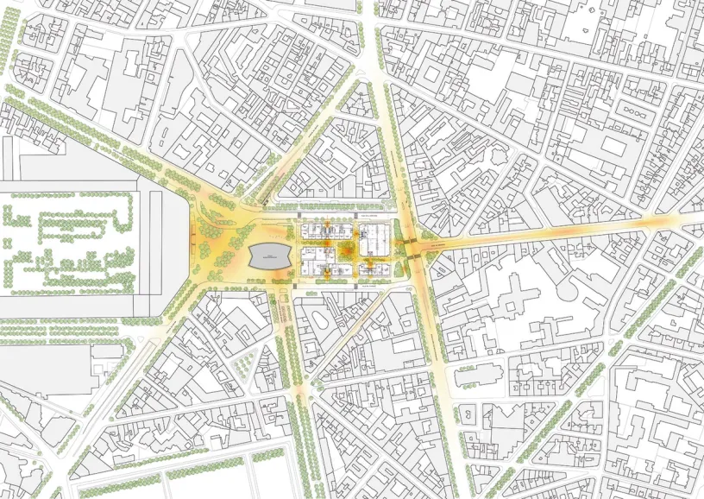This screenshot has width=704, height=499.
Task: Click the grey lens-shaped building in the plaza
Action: click(269, 255)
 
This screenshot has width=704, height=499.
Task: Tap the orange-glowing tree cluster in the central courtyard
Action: click(345, 250)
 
